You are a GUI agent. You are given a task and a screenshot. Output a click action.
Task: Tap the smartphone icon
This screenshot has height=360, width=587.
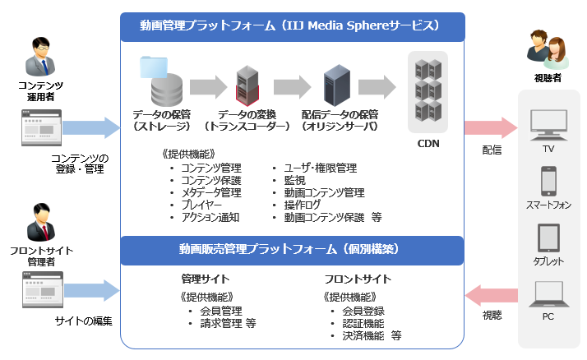tap(548, 180)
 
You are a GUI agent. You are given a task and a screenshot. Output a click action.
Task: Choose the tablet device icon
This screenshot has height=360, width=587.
tap(548, 237)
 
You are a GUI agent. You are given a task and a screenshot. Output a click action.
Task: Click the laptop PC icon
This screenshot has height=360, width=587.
tap(548, 293)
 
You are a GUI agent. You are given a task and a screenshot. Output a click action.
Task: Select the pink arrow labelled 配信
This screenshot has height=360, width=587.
tap(490, 127)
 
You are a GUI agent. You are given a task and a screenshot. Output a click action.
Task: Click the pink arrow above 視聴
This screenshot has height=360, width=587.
tap(490, 293)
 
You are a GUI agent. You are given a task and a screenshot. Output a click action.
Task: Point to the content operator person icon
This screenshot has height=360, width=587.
tap(38, 56)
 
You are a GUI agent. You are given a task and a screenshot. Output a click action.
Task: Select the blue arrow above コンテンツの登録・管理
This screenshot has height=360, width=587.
tap(91, 127)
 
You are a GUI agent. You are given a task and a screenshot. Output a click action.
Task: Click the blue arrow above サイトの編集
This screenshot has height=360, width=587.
tap(91, 289)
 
